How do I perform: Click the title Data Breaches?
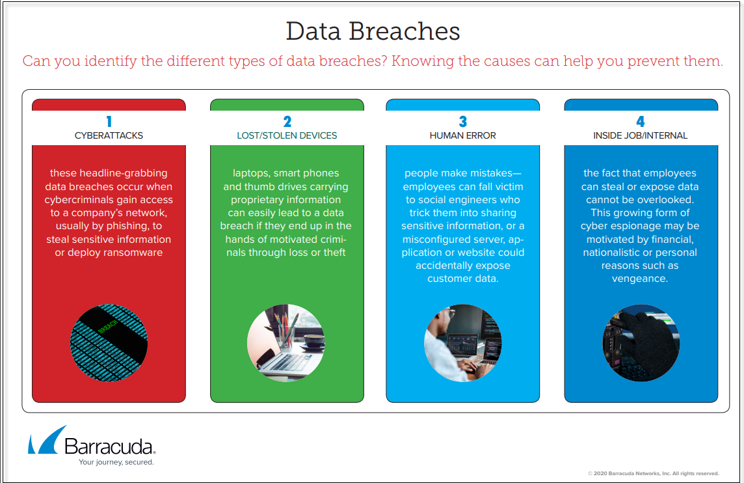point(373,31)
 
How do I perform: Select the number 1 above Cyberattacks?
point(109,122)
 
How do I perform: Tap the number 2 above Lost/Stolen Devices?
point(287,122)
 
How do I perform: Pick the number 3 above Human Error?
point(462,122)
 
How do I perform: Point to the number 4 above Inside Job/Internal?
point(640,122)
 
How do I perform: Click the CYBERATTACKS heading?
point(109,135)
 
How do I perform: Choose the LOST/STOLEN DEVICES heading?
point(287,135)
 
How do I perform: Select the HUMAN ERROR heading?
point(462,135)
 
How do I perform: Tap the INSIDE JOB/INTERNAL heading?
point(640,135)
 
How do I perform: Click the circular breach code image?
point(109,343)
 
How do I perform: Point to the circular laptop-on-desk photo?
point(286,343)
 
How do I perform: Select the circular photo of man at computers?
point(462,343)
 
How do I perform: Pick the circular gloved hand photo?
point(641,343)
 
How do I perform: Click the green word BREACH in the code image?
point(108,326)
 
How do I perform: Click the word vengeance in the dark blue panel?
point(639,279)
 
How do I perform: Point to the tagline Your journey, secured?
point(116,462)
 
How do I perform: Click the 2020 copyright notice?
point(654,473)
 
